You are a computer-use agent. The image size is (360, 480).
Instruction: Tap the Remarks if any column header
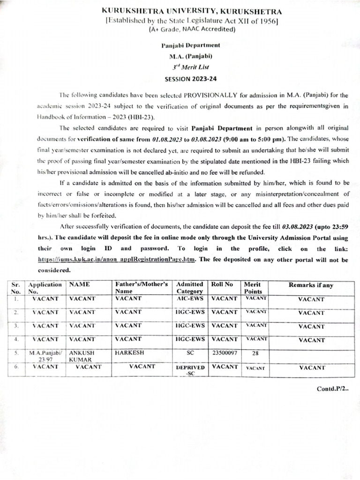pos(311,285)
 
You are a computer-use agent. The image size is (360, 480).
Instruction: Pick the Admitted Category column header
pos(189,288)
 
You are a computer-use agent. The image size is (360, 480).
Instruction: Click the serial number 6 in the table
pos(16,367)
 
